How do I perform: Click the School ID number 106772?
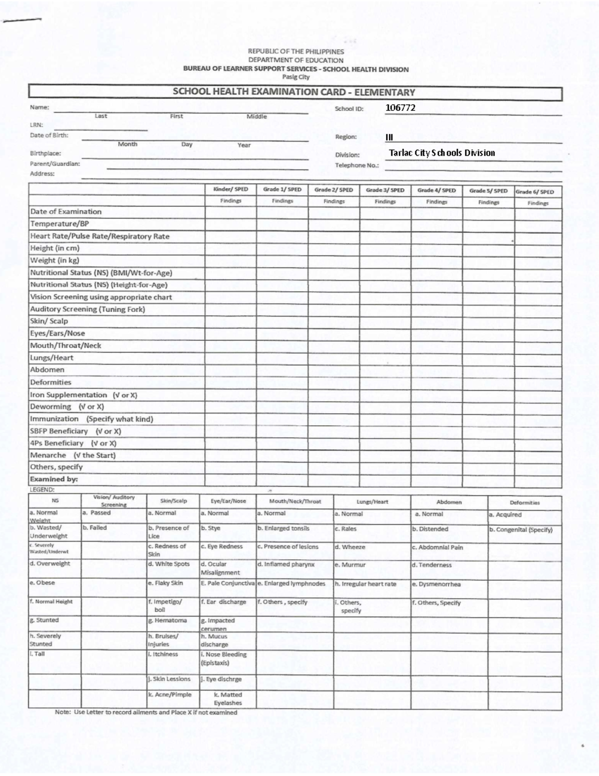pyautogui.click(x=400, y=107)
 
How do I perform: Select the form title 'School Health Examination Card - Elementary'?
pyautogui.click(x=294, y=92)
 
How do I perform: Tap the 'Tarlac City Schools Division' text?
pyautogui.click(x=442, y=153)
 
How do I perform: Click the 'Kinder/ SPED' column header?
pyautogui.click(x=231, y=190)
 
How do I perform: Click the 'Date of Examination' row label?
pyautogui.click(x=66, y=212)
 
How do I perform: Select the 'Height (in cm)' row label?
pyautogui.click(x=55, y=248)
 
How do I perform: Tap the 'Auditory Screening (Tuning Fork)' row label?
pyautogui.click(x=88, y=309)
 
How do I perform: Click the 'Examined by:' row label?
pyautogui.click(x=54, y=479)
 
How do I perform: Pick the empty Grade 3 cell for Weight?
pyautogui.click(x=385, y=261)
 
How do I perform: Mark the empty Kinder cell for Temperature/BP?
pyautogui.click(x=231, y=224)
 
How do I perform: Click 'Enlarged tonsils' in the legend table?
pyautogui.click(x=284, y=528)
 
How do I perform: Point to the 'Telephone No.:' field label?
pyautogui.click(x=357, y=165)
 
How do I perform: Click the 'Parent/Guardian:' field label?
pyautogui.click(x=55, y=163)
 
